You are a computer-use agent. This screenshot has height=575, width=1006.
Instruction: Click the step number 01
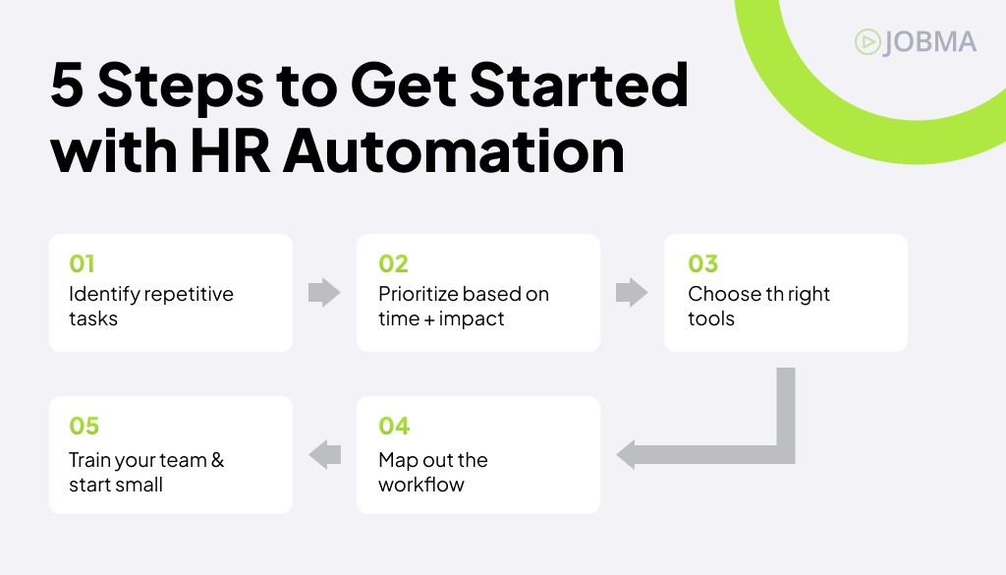pos(82,263)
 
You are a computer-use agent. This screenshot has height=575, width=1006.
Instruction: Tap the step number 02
pos(393,263)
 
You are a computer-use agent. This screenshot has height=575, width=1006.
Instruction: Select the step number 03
pos(703,263)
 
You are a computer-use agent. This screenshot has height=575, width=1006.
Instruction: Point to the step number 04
pos(394,427)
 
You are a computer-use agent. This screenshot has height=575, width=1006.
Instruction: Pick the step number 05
pos(84,427)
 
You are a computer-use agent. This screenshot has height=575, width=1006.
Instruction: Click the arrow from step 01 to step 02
pos(324,293)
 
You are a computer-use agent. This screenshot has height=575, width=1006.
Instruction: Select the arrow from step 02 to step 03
pos(632,293)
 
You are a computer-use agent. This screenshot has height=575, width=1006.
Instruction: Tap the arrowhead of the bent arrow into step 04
pos(626,454)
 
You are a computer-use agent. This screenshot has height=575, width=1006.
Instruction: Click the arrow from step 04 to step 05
pos(324,454)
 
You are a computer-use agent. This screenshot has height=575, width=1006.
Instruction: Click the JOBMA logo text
pos(929,42)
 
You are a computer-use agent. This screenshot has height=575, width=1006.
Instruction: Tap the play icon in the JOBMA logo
pos(867,42)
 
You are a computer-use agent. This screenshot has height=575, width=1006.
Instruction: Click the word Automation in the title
pos(454,151)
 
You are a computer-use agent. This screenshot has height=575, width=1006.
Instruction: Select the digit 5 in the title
pos(68,86)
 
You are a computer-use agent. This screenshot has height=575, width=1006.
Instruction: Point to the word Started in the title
pos(580,85)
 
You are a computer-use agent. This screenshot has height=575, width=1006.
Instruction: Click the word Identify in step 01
pos(104,295)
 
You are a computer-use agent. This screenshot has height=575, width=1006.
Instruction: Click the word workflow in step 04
pos(420,485)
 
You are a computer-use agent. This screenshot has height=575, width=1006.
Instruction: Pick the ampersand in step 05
pos(217,460)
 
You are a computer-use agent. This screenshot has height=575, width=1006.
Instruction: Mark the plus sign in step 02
pos(430,319)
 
